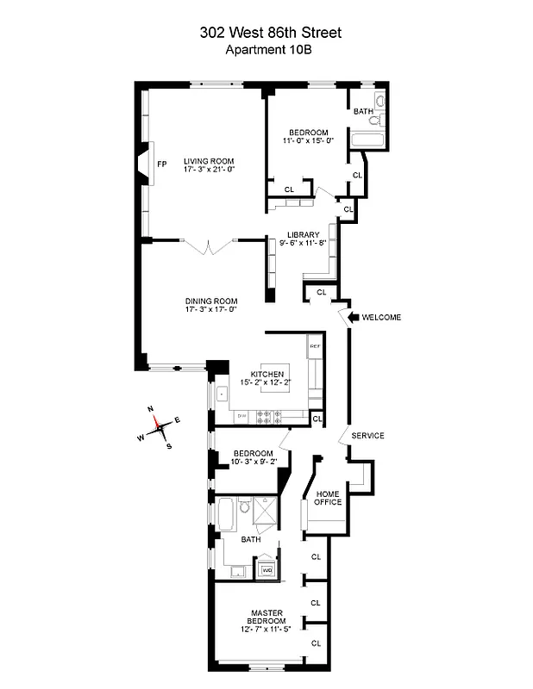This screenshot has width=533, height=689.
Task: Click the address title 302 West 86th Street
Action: point(269,33)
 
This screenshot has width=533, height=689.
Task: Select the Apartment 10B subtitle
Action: point(269,49)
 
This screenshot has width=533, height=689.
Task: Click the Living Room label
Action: point(209,161)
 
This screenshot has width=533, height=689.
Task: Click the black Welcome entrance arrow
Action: point(352,317)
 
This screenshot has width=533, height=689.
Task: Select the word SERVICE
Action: point(367,435)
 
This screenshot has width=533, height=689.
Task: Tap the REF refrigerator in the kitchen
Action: point(315,345)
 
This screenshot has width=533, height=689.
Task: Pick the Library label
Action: point(304,234)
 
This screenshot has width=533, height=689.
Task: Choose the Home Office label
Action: point(328,497)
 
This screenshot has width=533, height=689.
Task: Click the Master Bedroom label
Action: point(266,617)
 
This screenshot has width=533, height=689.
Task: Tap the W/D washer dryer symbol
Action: point(266,569)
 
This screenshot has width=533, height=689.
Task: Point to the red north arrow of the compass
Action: point(155,422)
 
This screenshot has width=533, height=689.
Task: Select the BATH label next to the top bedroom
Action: point(363,112)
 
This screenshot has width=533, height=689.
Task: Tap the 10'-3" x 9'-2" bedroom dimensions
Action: point(253,462)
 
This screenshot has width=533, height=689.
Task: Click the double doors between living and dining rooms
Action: point(209,247)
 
